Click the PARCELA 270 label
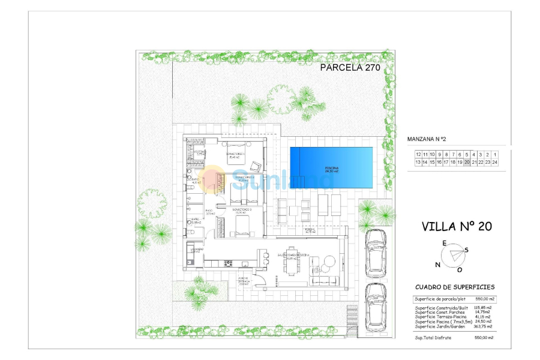pos(350,68)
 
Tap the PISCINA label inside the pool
pos(332,167)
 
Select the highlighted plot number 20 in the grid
pos(467,162)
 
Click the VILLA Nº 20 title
pos(457,226)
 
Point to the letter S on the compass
pos(467,250)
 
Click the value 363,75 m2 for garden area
pos(484,327)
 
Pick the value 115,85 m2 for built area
pos(484,307)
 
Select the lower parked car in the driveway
pos(376,301)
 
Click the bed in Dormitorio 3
pos(242,225)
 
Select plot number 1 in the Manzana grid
pos(495,155)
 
